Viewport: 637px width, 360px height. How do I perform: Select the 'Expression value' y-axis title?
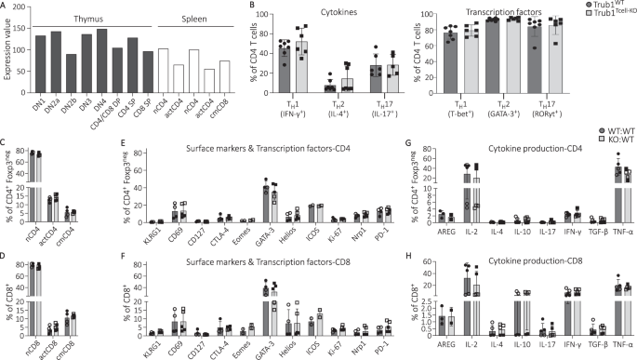pos(8,59)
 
